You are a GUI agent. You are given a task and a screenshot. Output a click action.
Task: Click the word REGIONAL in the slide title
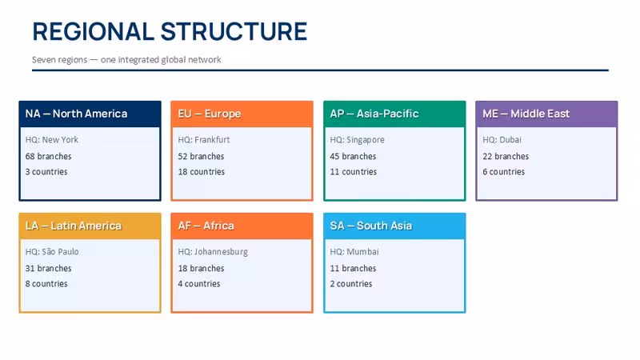click(93, 32)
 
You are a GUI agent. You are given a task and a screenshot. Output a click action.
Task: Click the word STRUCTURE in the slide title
click(234, 32)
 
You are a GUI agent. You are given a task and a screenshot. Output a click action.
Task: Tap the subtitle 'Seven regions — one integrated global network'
click(126, 59)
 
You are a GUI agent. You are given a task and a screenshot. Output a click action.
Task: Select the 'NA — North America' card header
click(90, 114)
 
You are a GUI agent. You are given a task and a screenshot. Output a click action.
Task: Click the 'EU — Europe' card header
click(242, 114)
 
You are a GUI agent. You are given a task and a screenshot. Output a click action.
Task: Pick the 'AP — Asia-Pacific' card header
click(394, 114)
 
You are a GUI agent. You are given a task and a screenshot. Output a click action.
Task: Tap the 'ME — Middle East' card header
click(546, 114)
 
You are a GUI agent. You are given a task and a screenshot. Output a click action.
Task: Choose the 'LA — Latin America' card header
click(90, 226)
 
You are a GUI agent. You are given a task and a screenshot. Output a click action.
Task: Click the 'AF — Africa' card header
click(242, 226)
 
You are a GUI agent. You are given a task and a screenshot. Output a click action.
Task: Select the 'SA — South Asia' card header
click(394, 226)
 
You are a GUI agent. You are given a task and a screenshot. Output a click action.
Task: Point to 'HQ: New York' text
click(51, 139)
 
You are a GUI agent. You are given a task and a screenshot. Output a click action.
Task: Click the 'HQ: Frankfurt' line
click(204, 139)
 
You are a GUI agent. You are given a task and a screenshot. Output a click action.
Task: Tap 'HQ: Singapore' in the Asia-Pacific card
click(357, 140)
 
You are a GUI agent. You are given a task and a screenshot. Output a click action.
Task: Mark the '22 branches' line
click(506, 156)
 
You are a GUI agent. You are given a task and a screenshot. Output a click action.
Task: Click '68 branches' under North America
click(48, 156)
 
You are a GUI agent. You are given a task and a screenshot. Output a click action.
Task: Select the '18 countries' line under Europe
click(202, 172)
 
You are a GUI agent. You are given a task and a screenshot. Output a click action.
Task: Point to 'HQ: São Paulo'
click(52, 251)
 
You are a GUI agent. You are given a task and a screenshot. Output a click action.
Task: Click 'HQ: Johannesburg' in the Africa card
click(213, 252)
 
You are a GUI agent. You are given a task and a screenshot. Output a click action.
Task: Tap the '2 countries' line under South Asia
click(351, 284)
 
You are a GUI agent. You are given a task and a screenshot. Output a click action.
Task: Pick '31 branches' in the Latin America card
click(48, 268)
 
